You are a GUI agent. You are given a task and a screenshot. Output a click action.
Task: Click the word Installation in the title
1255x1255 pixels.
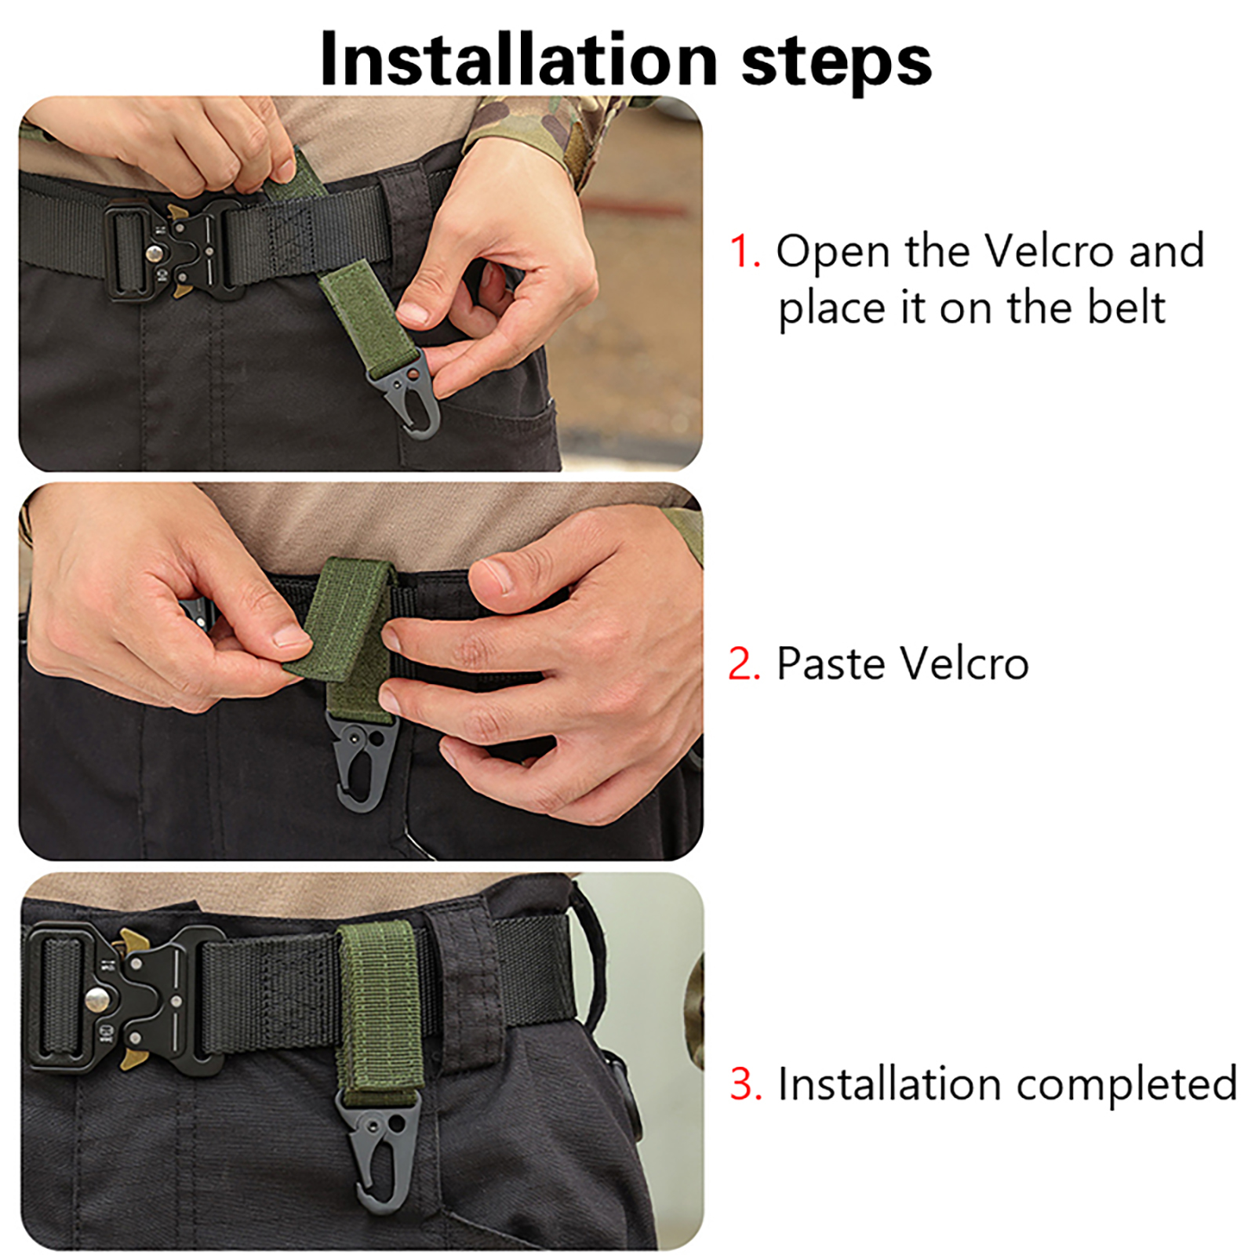click(518, 60)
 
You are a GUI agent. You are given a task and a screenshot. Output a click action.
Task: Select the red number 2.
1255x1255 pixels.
click(744, 664)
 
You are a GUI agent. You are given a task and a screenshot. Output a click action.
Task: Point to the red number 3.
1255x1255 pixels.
click(745, 1084)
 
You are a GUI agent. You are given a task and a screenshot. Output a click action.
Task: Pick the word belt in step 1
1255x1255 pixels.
click(1126, 307)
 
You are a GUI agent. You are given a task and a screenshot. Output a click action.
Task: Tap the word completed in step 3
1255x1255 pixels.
click(1126, 1086)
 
